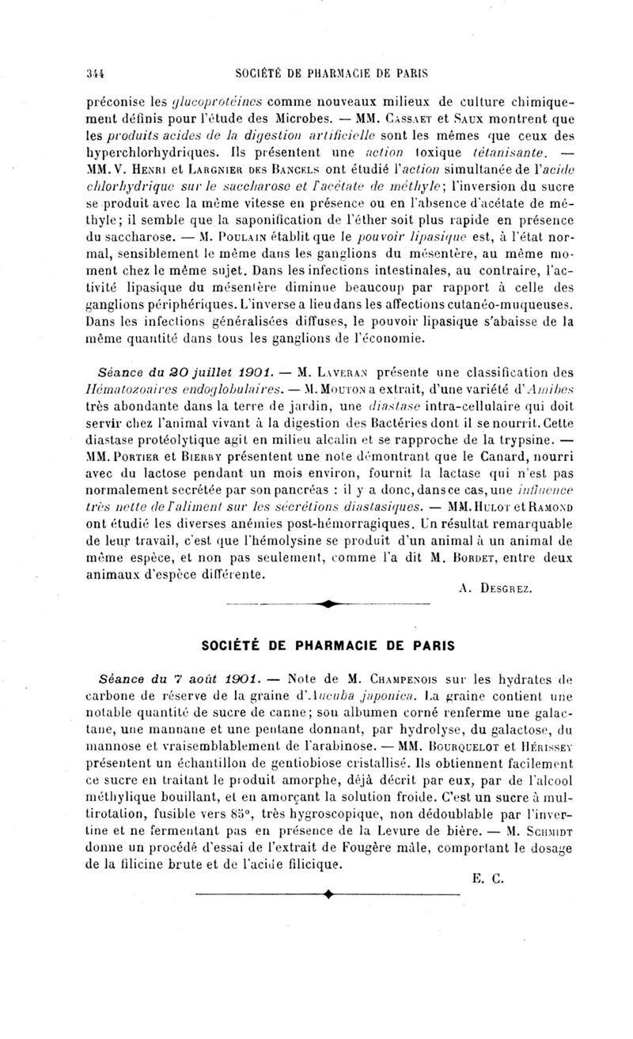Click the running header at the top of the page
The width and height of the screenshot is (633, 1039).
coord(332,74)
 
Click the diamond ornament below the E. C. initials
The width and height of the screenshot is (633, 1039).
coord(327,894)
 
